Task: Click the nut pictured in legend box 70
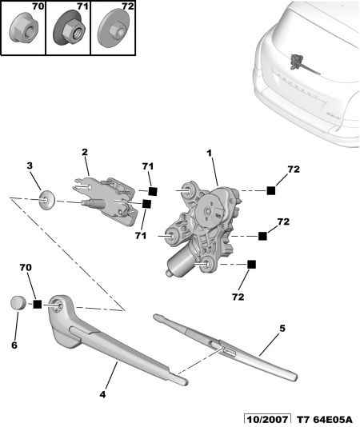click(23, 28)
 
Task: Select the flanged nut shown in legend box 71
click(70, 29)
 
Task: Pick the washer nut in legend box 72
click(114, 29)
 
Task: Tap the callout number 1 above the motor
click(210, 154)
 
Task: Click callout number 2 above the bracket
click(85, 152)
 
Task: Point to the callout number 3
click(30, 166)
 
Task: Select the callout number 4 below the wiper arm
click(102, 394)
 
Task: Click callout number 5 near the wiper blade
click(282, 329)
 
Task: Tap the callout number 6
click(14, 345)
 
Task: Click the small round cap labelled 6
click(18, 303)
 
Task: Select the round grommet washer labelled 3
click(47, 201)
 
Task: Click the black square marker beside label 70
click(38, 304)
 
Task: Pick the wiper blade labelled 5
click(225, 347)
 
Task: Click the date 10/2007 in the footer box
click(267, 420)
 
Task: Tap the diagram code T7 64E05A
click(324, 420)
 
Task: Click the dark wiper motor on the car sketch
click(297, 62)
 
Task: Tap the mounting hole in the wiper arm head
click(58, 305)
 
